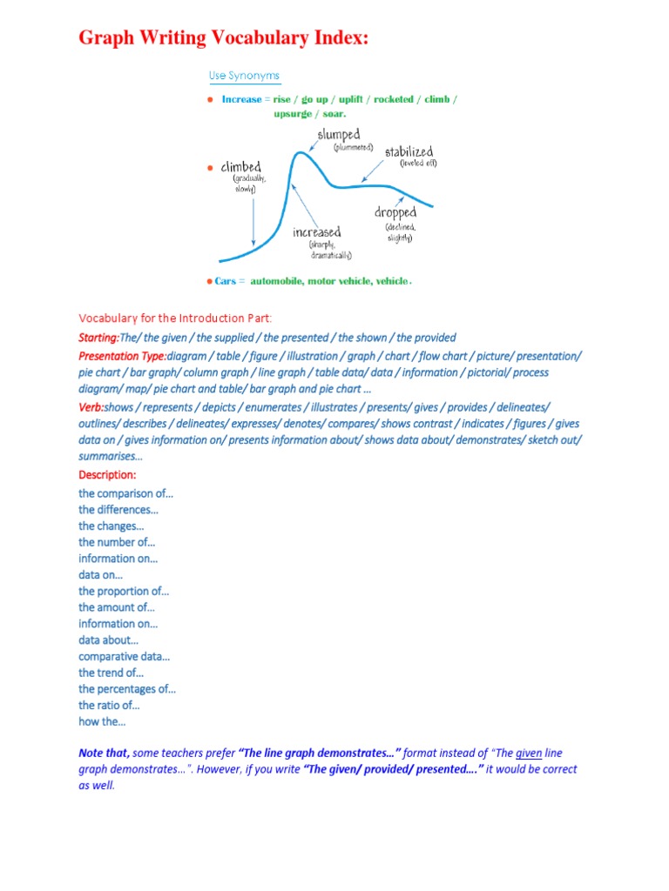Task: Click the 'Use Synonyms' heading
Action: click(244, 76)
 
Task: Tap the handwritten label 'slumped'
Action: click(339, 135)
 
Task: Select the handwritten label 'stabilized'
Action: click(409, 152)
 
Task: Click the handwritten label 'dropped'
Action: click(395, 212)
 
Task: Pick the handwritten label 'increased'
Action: click(317, 232)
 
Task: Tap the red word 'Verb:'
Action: click(91, 407)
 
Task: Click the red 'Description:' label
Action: click(107, 475)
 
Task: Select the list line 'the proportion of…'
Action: click(124, 591)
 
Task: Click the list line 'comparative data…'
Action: click(125, 657)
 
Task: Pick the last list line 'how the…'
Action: click(102, 722)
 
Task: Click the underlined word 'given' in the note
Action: click(529, 753)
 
